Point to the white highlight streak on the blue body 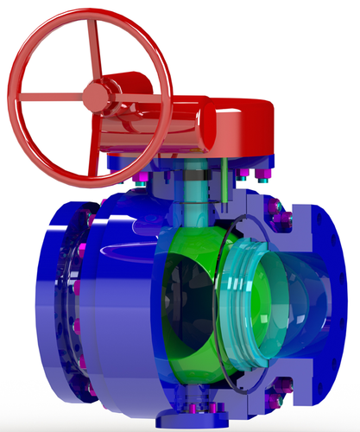(129, 251)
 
